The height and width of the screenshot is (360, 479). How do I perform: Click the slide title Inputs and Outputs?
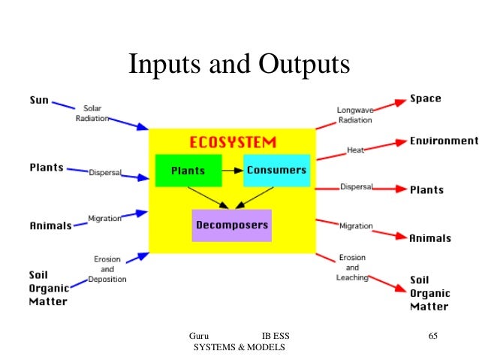239,65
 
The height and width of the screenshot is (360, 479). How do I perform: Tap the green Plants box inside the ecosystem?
188,171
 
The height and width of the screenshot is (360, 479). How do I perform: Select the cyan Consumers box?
276,170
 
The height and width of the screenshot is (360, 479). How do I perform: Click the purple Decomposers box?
231,225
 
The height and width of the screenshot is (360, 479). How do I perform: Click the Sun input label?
40,99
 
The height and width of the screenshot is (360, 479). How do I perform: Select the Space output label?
425,98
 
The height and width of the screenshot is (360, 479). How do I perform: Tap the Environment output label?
443,141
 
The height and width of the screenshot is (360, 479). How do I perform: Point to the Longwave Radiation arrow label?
354,115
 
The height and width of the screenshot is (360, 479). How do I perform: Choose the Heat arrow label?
355,150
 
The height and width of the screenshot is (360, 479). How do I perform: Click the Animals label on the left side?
50,225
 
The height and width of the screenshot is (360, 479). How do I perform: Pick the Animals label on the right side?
429,237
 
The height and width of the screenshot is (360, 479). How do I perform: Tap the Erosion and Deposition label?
107,269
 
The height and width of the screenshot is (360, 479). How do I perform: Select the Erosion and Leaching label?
352,267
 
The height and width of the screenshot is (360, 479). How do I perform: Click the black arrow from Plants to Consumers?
233,171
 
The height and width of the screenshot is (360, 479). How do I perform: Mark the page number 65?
432,336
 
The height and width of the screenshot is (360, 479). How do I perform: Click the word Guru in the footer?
199,336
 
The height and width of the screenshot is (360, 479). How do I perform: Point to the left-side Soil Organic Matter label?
49,288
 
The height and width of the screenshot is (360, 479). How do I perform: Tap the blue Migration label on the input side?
105,218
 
